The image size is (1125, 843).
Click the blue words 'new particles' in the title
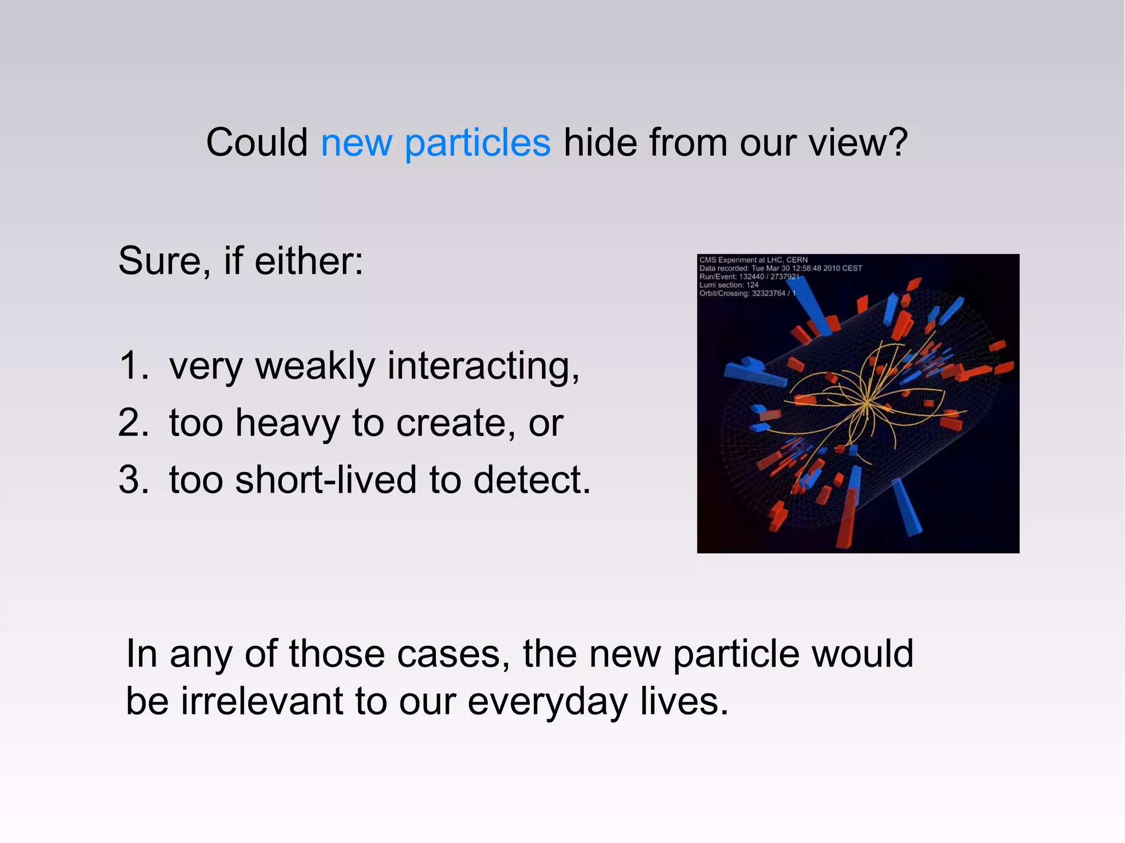[435, 143]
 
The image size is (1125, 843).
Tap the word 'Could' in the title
[257, 143]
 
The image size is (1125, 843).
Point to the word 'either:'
[309, 261]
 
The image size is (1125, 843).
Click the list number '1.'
[133, 366]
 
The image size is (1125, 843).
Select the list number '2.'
[133, 423]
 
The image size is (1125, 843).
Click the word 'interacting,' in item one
[483, 366]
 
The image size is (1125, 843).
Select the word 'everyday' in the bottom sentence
[547, 702]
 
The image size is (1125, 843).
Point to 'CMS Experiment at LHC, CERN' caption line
[753, 260]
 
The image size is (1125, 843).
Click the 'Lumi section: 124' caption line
[728, 285]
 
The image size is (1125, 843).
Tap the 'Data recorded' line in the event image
[780, 268]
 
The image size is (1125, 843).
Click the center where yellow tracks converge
[866, 403]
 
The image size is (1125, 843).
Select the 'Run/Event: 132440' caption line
[749, 277]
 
